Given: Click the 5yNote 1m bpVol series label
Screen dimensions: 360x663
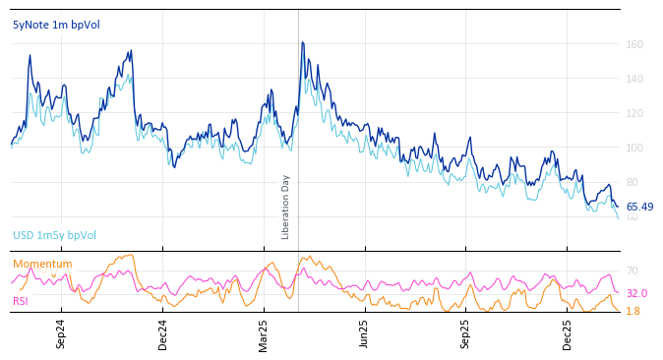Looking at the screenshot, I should [56, 26].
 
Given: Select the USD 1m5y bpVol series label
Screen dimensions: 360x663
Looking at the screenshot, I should [54, 236].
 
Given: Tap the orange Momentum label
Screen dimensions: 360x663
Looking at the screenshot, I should [42, 265].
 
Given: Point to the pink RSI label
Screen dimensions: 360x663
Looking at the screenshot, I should [21, 301].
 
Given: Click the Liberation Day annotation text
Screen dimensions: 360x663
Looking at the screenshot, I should [286, 207].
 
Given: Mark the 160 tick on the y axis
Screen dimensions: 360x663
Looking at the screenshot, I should [634, 44].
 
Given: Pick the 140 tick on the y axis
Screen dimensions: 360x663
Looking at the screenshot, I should [634, 79].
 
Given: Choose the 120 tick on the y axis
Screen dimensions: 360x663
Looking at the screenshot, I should [634, 113].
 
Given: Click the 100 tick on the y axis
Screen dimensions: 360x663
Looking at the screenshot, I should [634, 148].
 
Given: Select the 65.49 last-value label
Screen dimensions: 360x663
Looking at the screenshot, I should [639, 208].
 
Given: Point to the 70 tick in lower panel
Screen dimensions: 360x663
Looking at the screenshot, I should [632, 270].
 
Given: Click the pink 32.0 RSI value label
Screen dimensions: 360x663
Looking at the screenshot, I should [636, 293].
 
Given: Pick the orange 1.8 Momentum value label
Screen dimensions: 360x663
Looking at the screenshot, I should [633, 311].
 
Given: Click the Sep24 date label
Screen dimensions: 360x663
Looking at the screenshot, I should [61, 333].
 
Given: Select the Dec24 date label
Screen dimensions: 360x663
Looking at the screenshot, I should [163, 333].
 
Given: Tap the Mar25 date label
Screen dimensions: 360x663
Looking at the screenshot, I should [264, 333].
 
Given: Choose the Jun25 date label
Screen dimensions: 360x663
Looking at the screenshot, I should [364, 333].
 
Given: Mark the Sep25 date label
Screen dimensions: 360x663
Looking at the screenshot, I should [465, 333].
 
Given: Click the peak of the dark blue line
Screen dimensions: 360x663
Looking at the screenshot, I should [302, 42].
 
